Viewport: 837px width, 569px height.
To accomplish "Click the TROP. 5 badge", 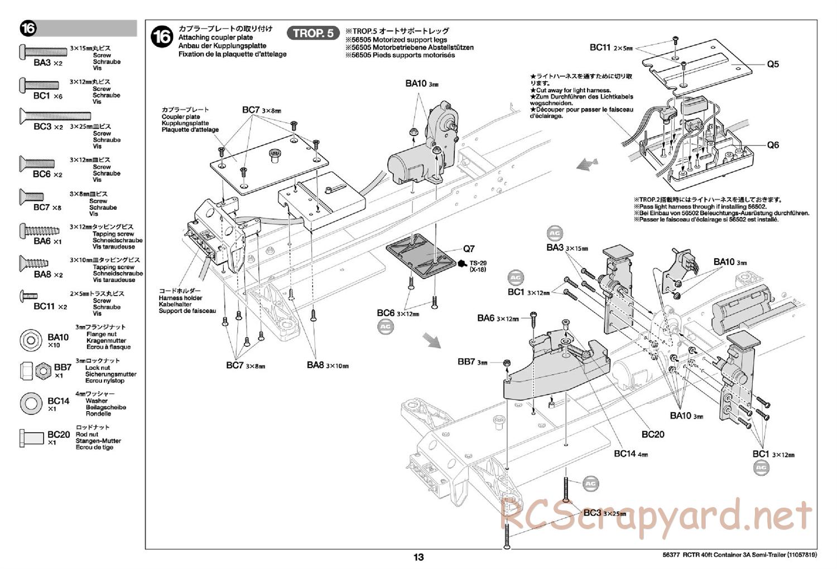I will (x=314, y=33).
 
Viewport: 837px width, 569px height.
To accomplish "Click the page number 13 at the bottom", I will (x=419, y=557).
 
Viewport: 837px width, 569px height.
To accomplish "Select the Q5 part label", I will (x=772, y=64).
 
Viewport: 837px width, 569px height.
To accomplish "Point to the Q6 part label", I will (x=772, y=145).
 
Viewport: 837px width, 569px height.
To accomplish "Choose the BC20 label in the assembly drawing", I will (x=652, y=434).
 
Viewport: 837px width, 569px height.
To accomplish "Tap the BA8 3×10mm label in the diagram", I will (x=327, y=365).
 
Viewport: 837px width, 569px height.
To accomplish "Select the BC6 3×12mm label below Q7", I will (x=397, y=314).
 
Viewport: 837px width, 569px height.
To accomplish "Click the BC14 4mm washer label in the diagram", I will (x=631, y=454).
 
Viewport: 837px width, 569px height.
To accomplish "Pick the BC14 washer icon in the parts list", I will (x=31, y=403).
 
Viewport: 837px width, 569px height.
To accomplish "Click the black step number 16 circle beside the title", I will (x=162, y=37).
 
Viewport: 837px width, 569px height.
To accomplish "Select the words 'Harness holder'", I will (x=180, y=298).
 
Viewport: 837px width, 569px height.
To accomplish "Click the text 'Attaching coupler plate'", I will (x=215, y=38).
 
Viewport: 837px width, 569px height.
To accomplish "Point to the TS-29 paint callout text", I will (x=478, y=263).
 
